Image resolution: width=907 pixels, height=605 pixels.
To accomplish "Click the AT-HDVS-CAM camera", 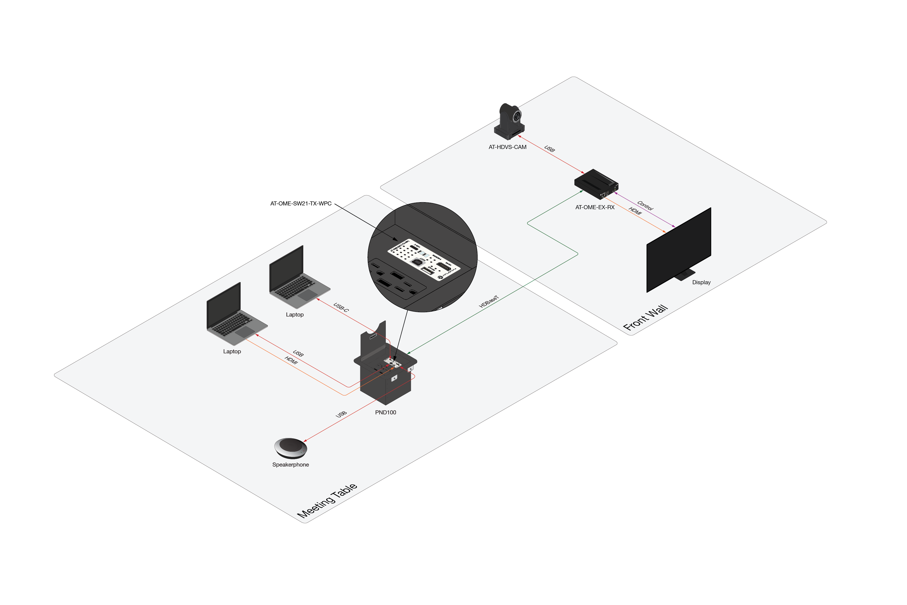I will click(x=509, y=121).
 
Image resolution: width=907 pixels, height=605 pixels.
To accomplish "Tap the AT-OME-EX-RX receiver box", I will click(x=596, y=184).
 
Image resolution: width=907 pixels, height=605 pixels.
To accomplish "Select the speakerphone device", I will click(x=290, y=448).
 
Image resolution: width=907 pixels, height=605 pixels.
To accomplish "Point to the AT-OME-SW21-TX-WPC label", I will click(x=301, y=203).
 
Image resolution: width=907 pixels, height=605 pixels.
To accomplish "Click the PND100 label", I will click(x=386, y=412).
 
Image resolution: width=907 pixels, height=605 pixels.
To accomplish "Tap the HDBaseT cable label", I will click(x=488, y=301).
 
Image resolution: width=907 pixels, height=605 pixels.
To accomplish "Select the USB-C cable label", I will click(x=341, y=307).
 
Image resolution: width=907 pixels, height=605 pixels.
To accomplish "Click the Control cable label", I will click(x=645, y=205).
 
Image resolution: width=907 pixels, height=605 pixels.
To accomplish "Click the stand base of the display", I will click(x=685, y=275).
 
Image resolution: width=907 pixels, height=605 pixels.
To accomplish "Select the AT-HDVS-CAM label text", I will click(x=507, y=147).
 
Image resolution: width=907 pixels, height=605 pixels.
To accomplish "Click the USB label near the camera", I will click(x=549, y=149).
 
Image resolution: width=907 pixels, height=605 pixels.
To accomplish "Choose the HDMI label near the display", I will click(x=635, y=211).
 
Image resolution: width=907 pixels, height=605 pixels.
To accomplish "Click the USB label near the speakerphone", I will click(x=341, y=414).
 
